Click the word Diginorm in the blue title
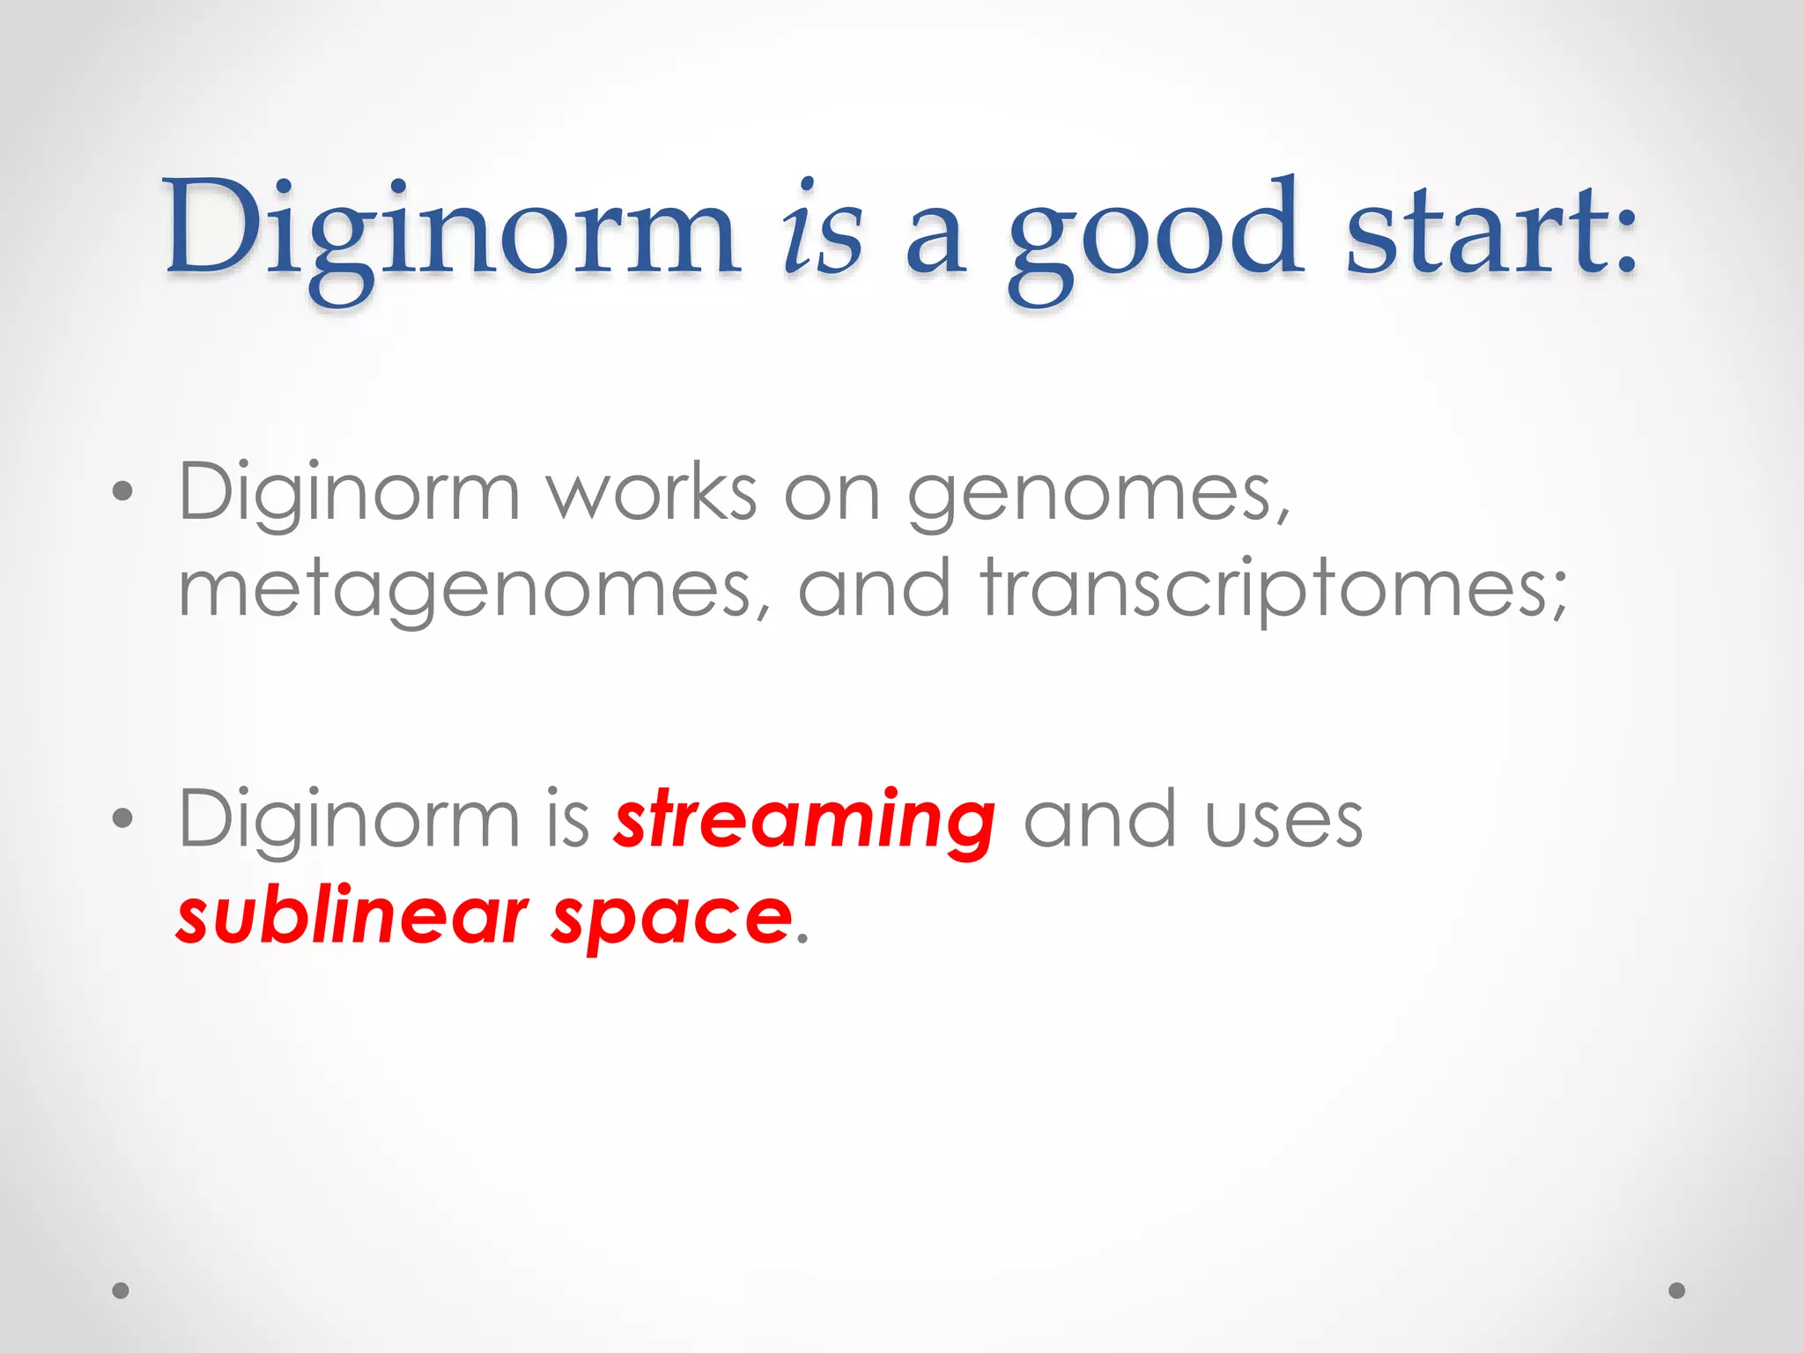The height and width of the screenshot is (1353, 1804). [x=451, y=231]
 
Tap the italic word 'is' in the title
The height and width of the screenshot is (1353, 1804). [x=821, y=231]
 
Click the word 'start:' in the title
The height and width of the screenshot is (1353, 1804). [x=1490, y=231]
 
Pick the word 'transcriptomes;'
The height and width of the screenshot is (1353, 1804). [x=1274, y=590]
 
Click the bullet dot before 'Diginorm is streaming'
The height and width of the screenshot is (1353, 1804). [x=123, y=818]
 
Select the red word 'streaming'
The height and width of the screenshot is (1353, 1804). [x=805, y=821]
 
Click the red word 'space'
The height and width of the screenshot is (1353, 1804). [x=671, y=920]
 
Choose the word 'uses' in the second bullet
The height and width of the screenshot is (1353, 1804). [x=1283, y=821]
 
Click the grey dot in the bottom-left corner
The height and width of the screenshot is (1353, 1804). [x=121, y=1290]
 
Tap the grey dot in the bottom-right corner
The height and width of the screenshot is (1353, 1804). [x=1677, y=1290]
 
